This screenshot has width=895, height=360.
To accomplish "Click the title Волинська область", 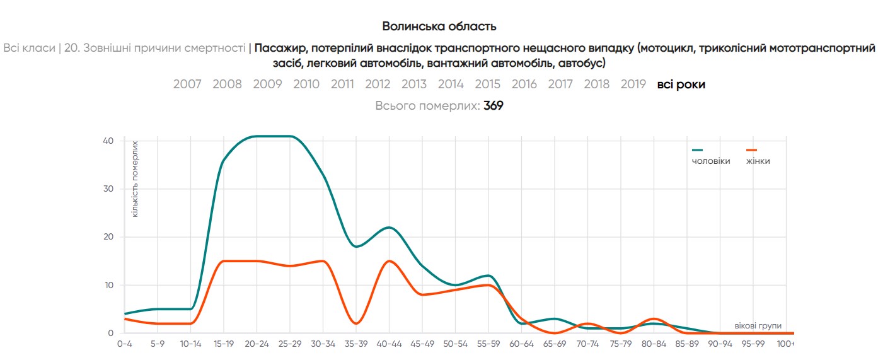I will (x=439, y=26).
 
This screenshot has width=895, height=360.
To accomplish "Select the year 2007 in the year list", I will (x=187, y=84).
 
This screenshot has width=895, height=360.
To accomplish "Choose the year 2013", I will (x=413, y=84).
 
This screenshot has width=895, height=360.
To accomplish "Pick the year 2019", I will (x=633, y=84).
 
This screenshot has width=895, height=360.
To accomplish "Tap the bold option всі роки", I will (x=681, y=84).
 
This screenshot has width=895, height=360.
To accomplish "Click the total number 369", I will (x=493, y=106).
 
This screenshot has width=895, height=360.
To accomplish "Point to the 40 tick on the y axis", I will (x=108, y=141).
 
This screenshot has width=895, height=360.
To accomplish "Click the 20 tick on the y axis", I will (x=108, y=237).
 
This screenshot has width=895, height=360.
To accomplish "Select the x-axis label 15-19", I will (x=224, y=344).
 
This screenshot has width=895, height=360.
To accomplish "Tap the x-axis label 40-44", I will (x=389, y=344).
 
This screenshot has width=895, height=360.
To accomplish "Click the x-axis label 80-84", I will (x=654, y=344).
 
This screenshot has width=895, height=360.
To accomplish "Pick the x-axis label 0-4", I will (x=125, y=344).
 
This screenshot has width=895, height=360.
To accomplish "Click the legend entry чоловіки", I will (x=711, y=161).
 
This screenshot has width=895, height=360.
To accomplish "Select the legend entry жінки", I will (x=758, y=161).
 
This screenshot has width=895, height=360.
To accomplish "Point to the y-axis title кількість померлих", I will (x=135, y=180).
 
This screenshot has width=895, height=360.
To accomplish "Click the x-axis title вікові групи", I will (x=758, y=326).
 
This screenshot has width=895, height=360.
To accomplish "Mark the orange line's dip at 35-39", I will (x=356, y=323).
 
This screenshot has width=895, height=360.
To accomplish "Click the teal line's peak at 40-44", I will (x=389, y=228).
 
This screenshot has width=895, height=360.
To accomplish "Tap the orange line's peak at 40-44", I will (x=389, y=261).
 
